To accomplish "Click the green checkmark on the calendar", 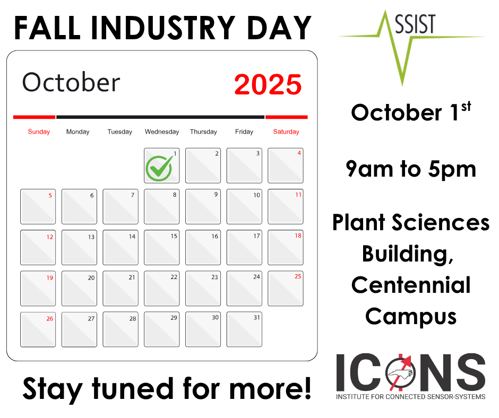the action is click(x=159, y=168).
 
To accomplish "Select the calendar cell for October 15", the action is click(x=162, y=248).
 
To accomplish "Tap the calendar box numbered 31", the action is click(x=244, y=329).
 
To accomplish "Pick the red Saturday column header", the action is click(x=286, y=132).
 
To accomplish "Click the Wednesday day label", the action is click(x=162, y=132).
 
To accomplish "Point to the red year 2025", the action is click(x=268, y=85).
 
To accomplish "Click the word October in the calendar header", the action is click(x=71, y=82).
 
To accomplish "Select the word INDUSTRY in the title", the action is click(x=163, y=28).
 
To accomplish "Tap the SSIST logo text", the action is click(x=415, y=24).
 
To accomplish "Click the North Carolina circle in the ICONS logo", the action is click(x=401, y=373).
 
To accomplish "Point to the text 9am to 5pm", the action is click(x=411, y=169).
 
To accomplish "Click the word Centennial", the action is click(x=411, y=285).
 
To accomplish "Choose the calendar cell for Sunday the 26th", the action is click(x=38, y=329).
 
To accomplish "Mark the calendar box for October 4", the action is click(x=286, y=166).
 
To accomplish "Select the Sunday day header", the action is click(x=39, y=132).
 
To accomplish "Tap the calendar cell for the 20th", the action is click(x=79, y=289).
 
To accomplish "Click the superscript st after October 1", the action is click(x=466, y=107).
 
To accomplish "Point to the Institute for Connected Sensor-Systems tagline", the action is click(x=410, y=397).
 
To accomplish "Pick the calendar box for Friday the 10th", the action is click(x=244, y=206).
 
